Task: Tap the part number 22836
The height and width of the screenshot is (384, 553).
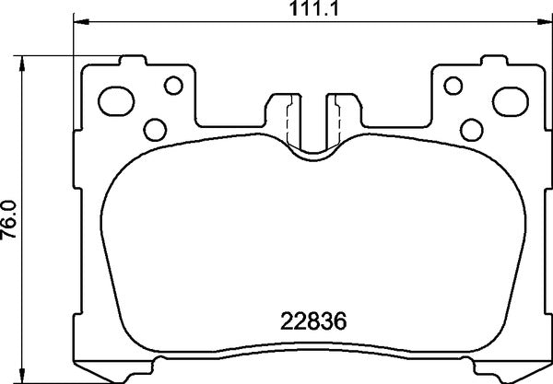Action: click(x=312, y=323)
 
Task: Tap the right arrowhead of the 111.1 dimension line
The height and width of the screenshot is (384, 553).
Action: click(x=545, y=23)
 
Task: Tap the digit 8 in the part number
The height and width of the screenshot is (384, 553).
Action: click(x=312, y=323)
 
